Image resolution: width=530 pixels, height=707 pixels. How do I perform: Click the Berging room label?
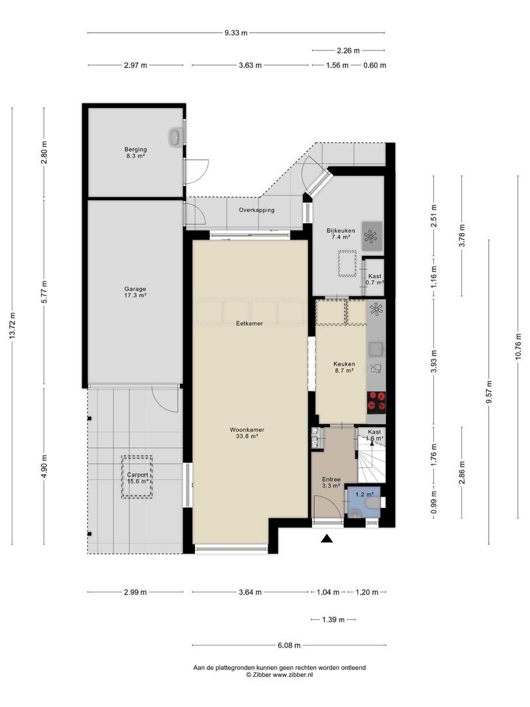tap(135, 153)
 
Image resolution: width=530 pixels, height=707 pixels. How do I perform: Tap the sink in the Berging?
tap(176, 137)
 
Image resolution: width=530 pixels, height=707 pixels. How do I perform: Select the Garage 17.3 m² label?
tap(135, 292)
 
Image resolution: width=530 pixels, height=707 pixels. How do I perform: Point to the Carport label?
tap(137, 478)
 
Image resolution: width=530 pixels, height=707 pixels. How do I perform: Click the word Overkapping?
tap(256, 210)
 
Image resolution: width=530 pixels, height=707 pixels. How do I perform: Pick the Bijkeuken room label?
tap(341, 234)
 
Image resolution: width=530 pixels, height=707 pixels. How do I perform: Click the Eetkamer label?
tap(249, 323)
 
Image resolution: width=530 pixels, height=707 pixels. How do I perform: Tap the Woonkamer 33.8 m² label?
tap(247, 433)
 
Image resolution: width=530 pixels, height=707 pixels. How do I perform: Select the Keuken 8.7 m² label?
tap(344, 367)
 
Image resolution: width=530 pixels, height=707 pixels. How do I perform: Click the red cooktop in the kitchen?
tap(376, 401)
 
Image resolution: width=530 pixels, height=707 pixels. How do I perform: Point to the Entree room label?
tap(331, 482)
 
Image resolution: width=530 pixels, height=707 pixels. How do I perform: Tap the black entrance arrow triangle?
tap(327, 538)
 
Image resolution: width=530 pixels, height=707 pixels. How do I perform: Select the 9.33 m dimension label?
tap(236, 33)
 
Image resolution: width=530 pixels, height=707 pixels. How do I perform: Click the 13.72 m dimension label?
tap(12, 325)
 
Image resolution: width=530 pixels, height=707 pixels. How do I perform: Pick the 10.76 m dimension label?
tap(518, 346)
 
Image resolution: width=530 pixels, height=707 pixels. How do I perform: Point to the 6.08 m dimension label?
tap(289, 645)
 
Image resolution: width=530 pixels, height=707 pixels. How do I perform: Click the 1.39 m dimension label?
tap(333, 619)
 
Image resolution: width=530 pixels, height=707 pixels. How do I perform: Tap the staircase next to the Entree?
tap(372, 460)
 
